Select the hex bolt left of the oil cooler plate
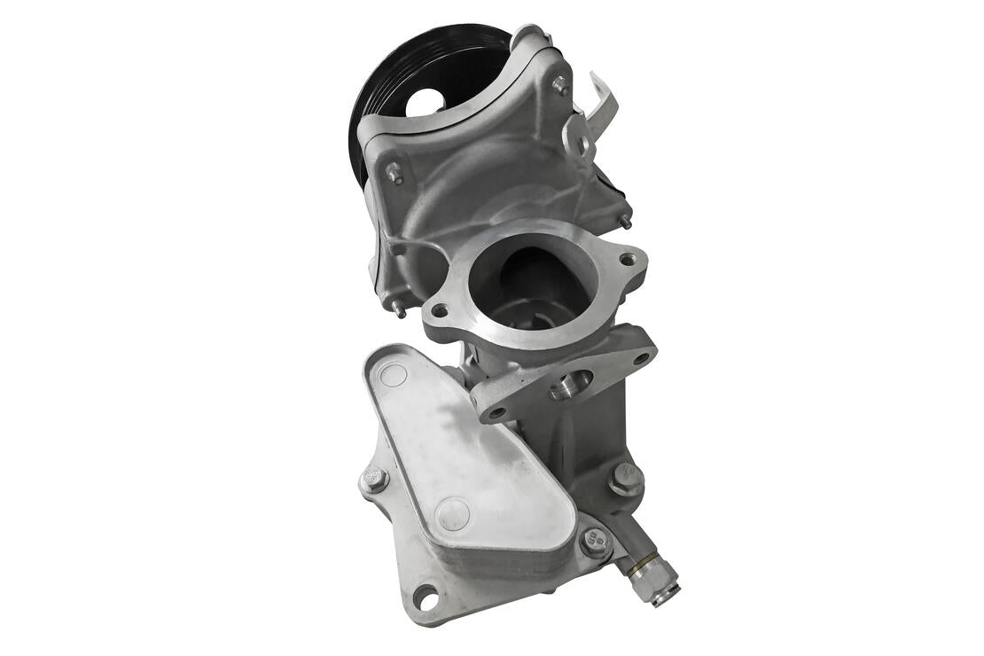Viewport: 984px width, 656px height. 374,480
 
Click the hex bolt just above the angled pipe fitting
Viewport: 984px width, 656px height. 626,479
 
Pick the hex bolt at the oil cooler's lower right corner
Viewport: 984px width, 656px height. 595,540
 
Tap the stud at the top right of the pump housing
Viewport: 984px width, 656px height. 560,85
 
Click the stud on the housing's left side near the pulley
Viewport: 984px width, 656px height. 394,172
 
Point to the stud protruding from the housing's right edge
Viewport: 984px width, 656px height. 625,221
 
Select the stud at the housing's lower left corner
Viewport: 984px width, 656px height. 400,309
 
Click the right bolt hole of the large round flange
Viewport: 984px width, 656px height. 628,260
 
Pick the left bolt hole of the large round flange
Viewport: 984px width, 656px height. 439,310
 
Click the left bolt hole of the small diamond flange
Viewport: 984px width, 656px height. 496,412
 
